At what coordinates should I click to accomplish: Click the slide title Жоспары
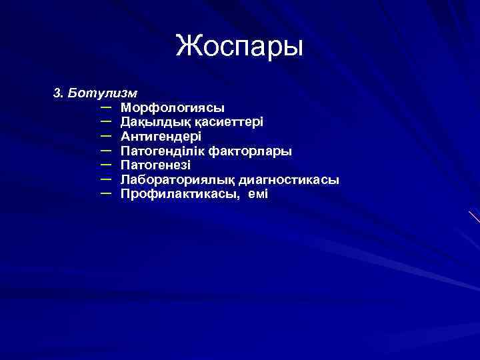pyautogui.click(x=240, y=47)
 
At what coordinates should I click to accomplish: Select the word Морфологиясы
pyautogui.click(x=173, y=107)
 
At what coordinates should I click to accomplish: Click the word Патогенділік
pyautogui.click(x=162, y=151)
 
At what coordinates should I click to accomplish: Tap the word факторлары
pyautogui.click(x=250, y=151)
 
